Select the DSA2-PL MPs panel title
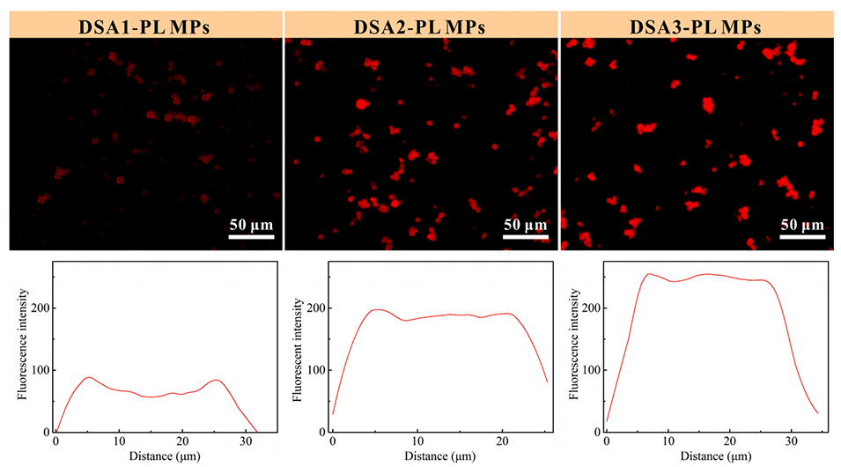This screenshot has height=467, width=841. click(421, 24)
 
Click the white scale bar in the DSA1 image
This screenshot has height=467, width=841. click(252, 237)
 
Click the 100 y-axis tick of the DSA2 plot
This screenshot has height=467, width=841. click(314, 370)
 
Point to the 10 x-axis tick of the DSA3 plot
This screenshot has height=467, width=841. click(669, 441)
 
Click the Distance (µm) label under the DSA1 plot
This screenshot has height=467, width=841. click(154, 458)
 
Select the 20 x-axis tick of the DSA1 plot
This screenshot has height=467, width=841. click(182, 441)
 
